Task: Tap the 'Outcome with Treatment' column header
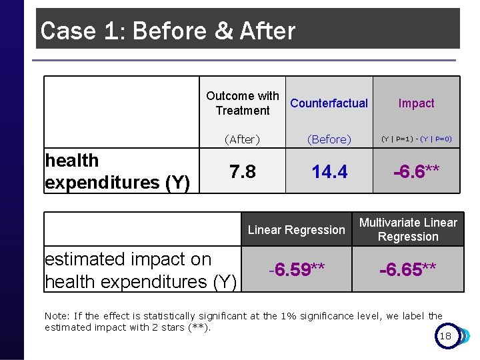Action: pyautogui.click(x=243, y=103)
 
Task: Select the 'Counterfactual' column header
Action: pyautogui.click(x=329, y=103)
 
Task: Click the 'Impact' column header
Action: pyautogui.click(x=416, y=103)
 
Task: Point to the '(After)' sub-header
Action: pyautogui.click(x=242, y=139)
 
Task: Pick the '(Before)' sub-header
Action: pyautogui.click(x=329, y=139)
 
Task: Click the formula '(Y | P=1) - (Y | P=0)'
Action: pyautogui.click(x=416, y=139)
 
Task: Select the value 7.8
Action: pyautogui.click(x=243, y=172)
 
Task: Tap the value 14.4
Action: pyautogui.click(x=329, y=172)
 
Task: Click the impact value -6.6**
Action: pyautogui.click(x=416, y=172)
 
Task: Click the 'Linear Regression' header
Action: pyautogui.click(x=297, y=230)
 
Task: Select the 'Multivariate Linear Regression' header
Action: pyautogui.click(x=408, y=229)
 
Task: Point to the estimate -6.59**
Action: pyautogui.click(x=297, y=269)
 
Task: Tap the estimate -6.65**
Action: pyautogui.click(x=408, y=269)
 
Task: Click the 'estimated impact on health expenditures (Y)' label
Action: pyautogui.click(x=140, y=270)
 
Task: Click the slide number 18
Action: pyautogui.click(x=445, y=336)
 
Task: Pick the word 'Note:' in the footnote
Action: pyautogui.click(x=57, y=316)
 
